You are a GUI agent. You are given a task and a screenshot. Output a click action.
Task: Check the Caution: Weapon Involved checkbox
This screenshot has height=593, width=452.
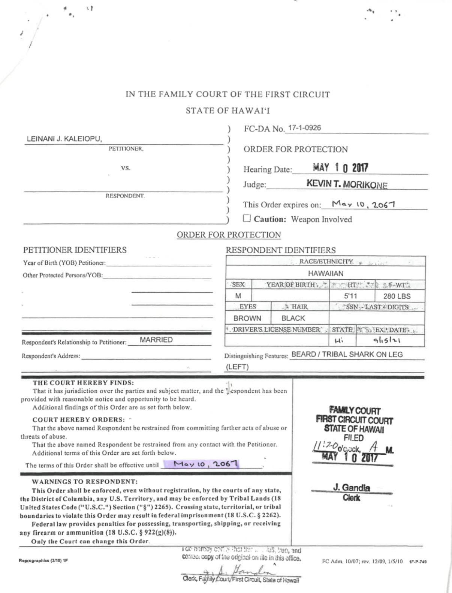(x=247, y=218)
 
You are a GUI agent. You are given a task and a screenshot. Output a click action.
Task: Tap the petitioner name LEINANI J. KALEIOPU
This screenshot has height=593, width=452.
(x=64, y=139)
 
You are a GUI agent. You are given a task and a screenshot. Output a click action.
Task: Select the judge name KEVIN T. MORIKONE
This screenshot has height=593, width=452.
(x=347, y=184)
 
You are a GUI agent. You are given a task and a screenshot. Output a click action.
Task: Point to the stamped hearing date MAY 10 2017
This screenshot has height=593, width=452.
(x=340, y=168)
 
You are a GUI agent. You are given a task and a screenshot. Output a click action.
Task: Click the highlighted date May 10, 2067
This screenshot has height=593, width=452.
(x=205, y=464)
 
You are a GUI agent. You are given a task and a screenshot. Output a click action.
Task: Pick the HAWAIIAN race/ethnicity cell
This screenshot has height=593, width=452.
(x=325, y=273)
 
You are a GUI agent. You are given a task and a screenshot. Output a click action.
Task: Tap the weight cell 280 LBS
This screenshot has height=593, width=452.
(x=397, y=296)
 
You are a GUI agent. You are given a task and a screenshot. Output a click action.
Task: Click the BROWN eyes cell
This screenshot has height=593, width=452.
(x=247, y=318)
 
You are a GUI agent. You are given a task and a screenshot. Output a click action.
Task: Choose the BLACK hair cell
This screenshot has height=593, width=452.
(x=293, y=318)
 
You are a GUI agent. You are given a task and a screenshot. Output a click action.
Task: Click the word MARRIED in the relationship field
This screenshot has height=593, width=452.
(x=156, y=340)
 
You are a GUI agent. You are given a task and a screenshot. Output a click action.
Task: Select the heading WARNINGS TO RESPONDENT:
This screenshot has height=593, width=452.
(x=85, y=481)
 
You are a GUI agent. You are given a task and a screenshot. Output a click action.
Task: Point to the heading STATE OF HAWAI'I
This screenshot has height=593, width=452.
(x=227, y=111)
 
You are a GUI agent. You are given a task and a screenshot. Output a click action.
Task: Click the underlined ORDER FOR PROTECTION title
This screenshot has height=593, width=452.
(x=229, y=235)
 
